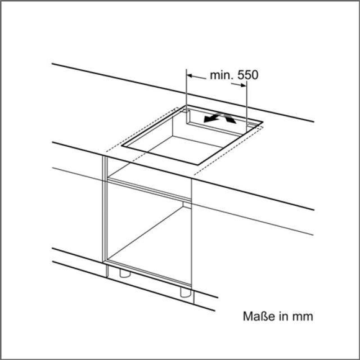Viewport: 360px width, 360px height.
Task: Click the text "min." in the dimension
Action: pos(221,75)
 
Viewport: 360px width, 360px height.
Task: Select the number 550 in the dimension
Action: pos(247,75)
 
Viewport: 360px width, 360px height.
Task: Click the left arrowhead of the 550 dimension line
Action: pos(190,75)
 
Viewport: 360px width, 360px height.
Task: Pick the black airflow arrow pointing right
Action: pos(227,118)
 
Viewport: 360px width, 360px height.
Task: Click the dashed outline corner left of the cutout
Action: pos(105,151)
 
